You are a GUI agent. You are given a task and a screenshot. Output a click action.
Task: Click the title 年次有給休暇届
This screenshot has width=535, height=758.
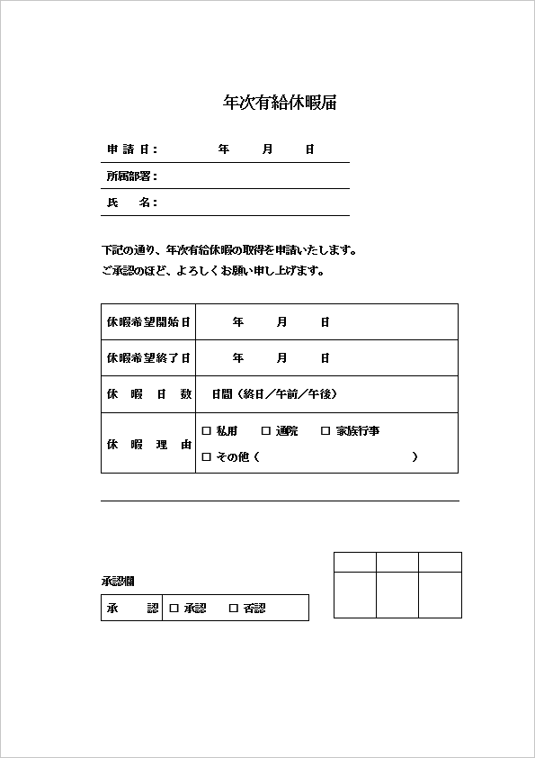[x=280, y=103]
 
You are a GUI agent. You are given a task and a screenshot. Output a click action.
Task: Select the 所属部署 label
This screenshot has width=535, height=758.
[x=132, y=176]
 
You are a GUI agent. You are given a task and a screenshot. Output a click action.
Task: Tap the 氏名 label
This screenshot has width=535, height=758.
[x=132, y=203]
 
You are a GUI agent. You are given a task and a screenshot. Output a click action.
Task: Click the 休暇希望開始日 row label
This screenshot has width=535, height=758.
[x=148, y=321]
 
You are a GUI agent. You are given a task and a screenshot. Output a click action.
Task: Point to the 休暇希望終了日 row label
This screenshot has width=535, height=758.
[x=148, y=358]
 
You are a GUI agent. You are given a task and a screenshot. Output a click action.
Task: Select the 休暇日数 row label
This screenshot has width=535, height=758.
[x=148, y=394]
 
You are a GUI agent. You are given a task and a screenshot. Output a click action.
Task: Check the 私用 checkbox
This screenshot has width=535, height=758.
[x=206, y=431]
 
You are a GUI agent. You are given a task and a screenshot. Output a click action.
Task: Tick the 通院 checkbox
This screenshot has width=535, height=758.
[x=266, y=431]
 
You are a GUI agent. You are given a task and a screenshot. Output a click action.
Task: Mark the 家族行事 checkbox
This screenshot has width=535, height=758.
[x=325, y=431]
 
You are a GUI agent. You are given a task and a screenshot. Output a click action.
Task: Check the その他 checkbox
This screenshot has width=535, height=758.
[x=206, y=457]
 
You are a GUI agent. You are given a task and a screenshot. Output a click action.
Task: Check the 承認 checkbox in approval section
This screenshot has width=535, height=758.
[x=174, y=609]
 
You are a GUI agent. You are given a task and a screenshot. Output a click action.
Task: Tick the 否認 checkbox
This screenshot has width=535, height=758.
[x=234, y=609]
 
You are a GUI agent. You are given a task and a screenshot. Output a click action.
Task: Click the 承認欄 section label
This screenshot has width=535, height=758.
[x=118, y=582]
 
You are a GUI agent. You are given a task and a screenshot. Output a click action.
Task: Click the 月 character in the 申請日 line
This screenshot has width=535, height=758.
[x=267, y=149]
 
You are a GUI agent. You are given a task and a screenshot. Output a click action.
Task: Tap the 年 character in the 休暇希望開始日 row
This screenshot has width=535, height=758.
[x=238, y=321]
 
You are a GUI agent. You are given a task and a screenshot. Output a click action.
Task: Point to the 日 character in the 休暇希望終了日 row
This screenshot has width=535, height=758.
[x=325, y=358]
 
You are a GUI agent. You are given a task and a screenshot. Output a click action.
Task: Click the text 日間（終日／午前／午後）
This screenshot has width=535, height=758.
[x=274, y=394]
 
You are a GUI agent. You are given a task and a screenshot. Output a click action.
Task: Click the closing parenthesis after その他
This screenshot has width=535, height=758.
[x=415, y=457]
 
